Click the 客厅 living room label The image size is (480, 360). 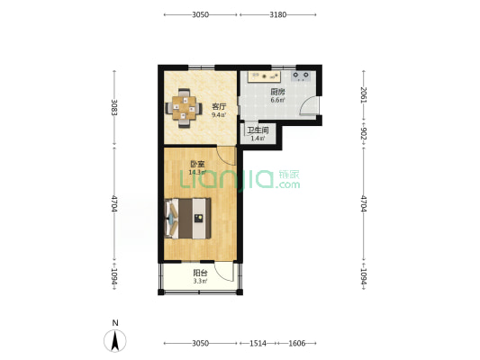[x=219, y=107]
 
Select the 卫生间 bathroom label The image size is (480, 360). [x=258, y=130]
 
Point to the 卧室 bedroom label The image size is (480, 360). [x=197, y=164]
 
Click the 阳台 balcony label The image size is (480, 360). [x=200, y=273]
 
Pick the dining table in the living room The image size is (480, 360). [x=184, y=108]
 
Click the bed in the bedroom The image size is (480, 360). [x=188, y=218]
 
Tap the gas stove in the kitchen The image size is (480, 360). [x=301, y=76]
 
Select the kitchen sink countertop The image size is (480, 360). [x=265, y=76]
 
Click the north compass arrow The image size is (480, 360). [x=115, y=341]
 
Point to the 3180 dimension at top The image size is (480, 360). [x=278, y=14]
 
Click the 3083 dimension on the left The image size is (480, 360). [x=114, y=107]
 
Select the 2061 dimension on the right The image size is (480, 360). [x=363, y=94]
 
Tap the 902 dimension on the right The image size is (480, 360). [x=363, y=133]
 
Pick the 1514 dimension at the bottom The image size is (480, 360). [x=258, y=344]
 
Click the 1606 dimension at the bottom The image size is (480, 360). [x=297, y=344]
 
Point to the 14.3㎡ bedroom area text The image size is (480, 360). [x=197, y=172]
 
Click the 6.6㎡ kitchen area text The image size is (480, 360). [x=277, y=100]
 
